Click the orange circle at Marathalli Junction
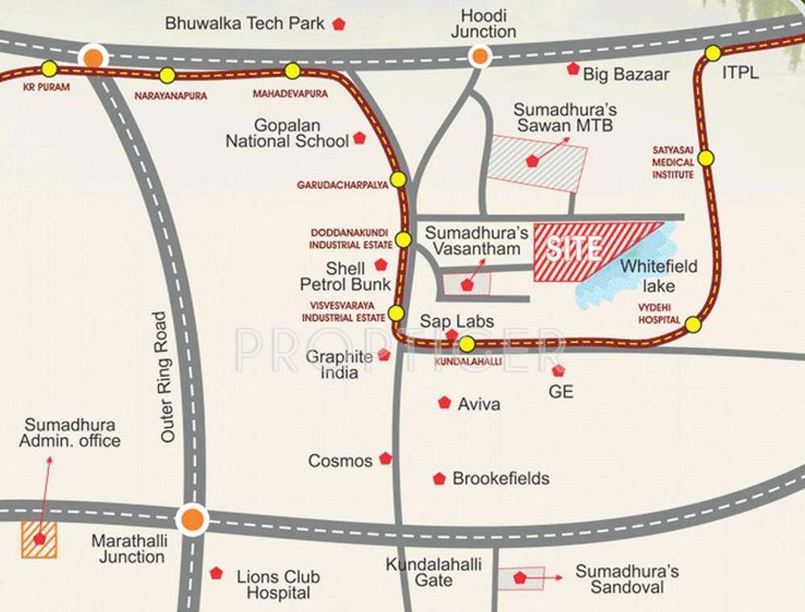click(x=192, y=519)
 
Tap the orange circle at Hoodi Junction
click(x=480, y=56)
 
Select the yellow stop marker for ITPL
click(x=713, y=53)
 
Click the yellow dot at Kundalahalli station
click(x=467, y=345)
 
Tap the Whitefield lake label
click(x=658, y=275)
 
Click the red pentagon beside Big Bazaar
click(x=573, y=69)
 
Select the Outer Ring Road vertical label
click(x=167, y=376)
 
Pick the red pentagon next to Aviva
click(x=444, y=403)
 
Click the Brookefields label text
click(x=500, y=478)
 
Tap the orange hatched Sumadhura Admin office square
click(x=39, y=540)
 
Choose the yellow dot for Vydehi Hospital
click(x=693, y=325)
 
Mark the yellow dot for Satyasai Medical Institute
click(x=706, y=159)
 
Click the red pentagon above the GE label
click(x=558, y=370)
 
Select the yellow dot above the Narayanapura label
click(x=167, y=76)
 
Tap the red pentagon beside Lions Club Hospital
click(x=216, y=573)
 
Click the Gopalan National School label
click(x=287, y=134)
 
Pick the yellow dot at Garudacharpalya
click(x=398, y=180)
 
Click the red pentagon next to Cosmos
click(x=385, y=459)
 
